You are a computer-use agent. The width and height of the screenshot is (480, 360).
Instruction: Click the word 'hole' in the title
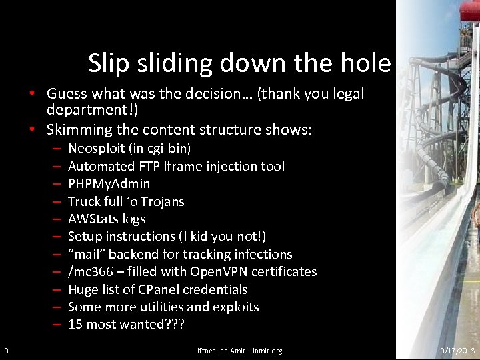click(x=365, y=63)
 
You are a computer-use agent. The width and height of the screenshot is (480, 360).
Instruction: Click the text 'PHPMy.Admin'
click(x=109, y=183)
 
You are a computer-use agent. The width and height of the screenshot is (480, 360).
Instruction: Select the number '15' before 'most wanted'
click(x=75, y=325)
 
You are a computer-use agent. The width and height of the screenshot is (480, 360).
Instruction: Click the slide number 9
click(x=6, y=351)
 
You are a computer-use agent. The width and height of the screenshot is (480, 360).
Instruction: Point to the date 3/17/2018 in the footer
click(x=457, y=351)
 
